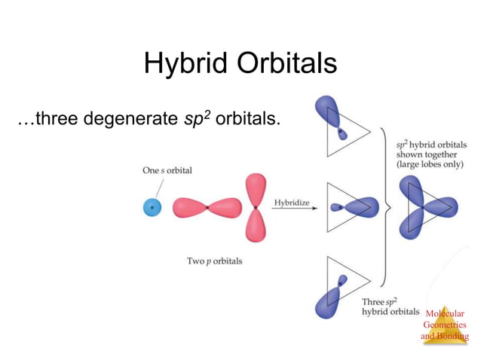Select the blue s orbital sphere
point(152,206)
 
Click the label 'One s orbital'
point(167,170)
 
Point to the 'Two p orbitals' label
point(215,261)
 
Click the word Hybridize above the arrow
point(291,203)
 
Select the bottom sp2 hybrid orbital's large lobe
point(332,304)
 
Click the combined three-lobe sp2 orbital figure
point(427,208)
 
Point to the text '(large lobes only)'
point(430,163)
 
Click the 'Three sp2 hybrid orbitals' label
point(388,306)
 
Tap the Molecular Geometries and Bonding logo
point(445,325)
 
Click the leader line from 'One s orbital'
point(160,186)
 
